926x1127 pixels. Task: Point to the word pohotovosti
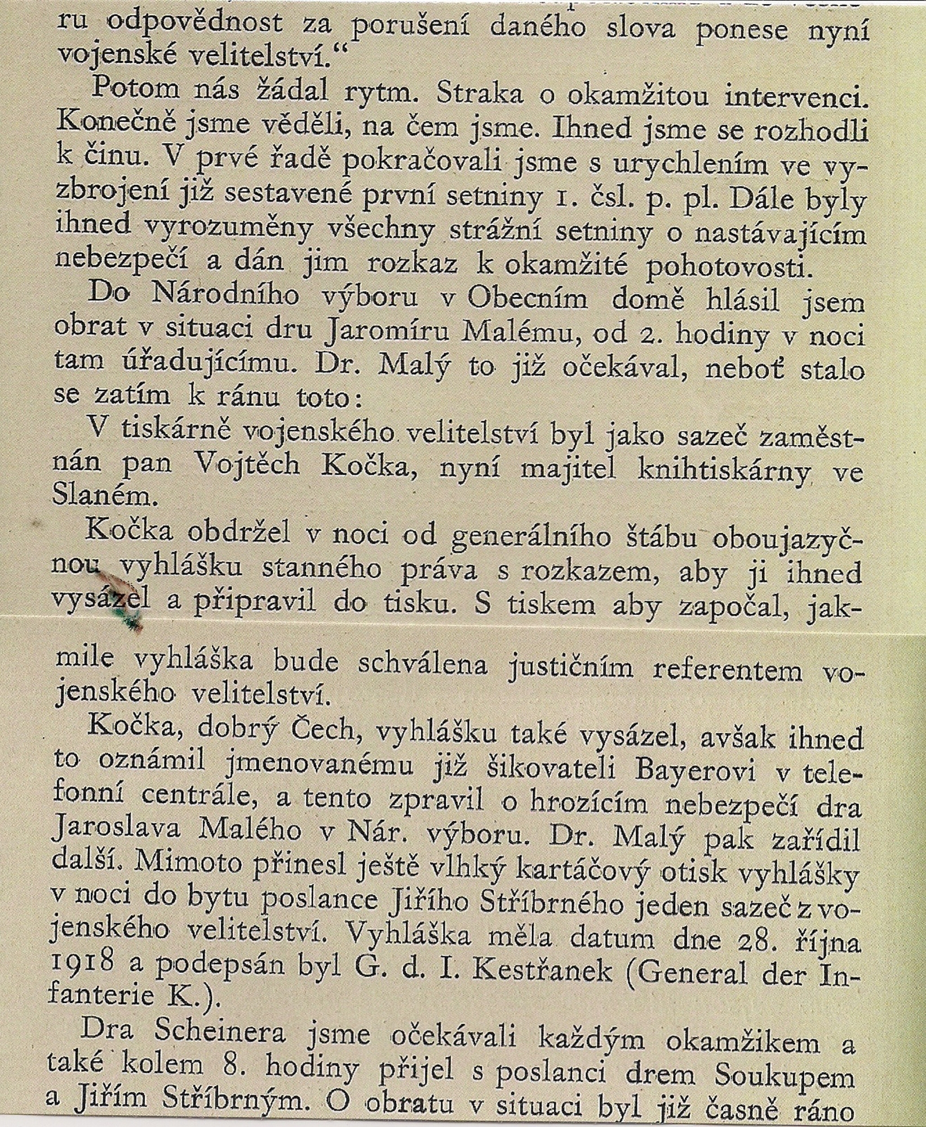point(729,268)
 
